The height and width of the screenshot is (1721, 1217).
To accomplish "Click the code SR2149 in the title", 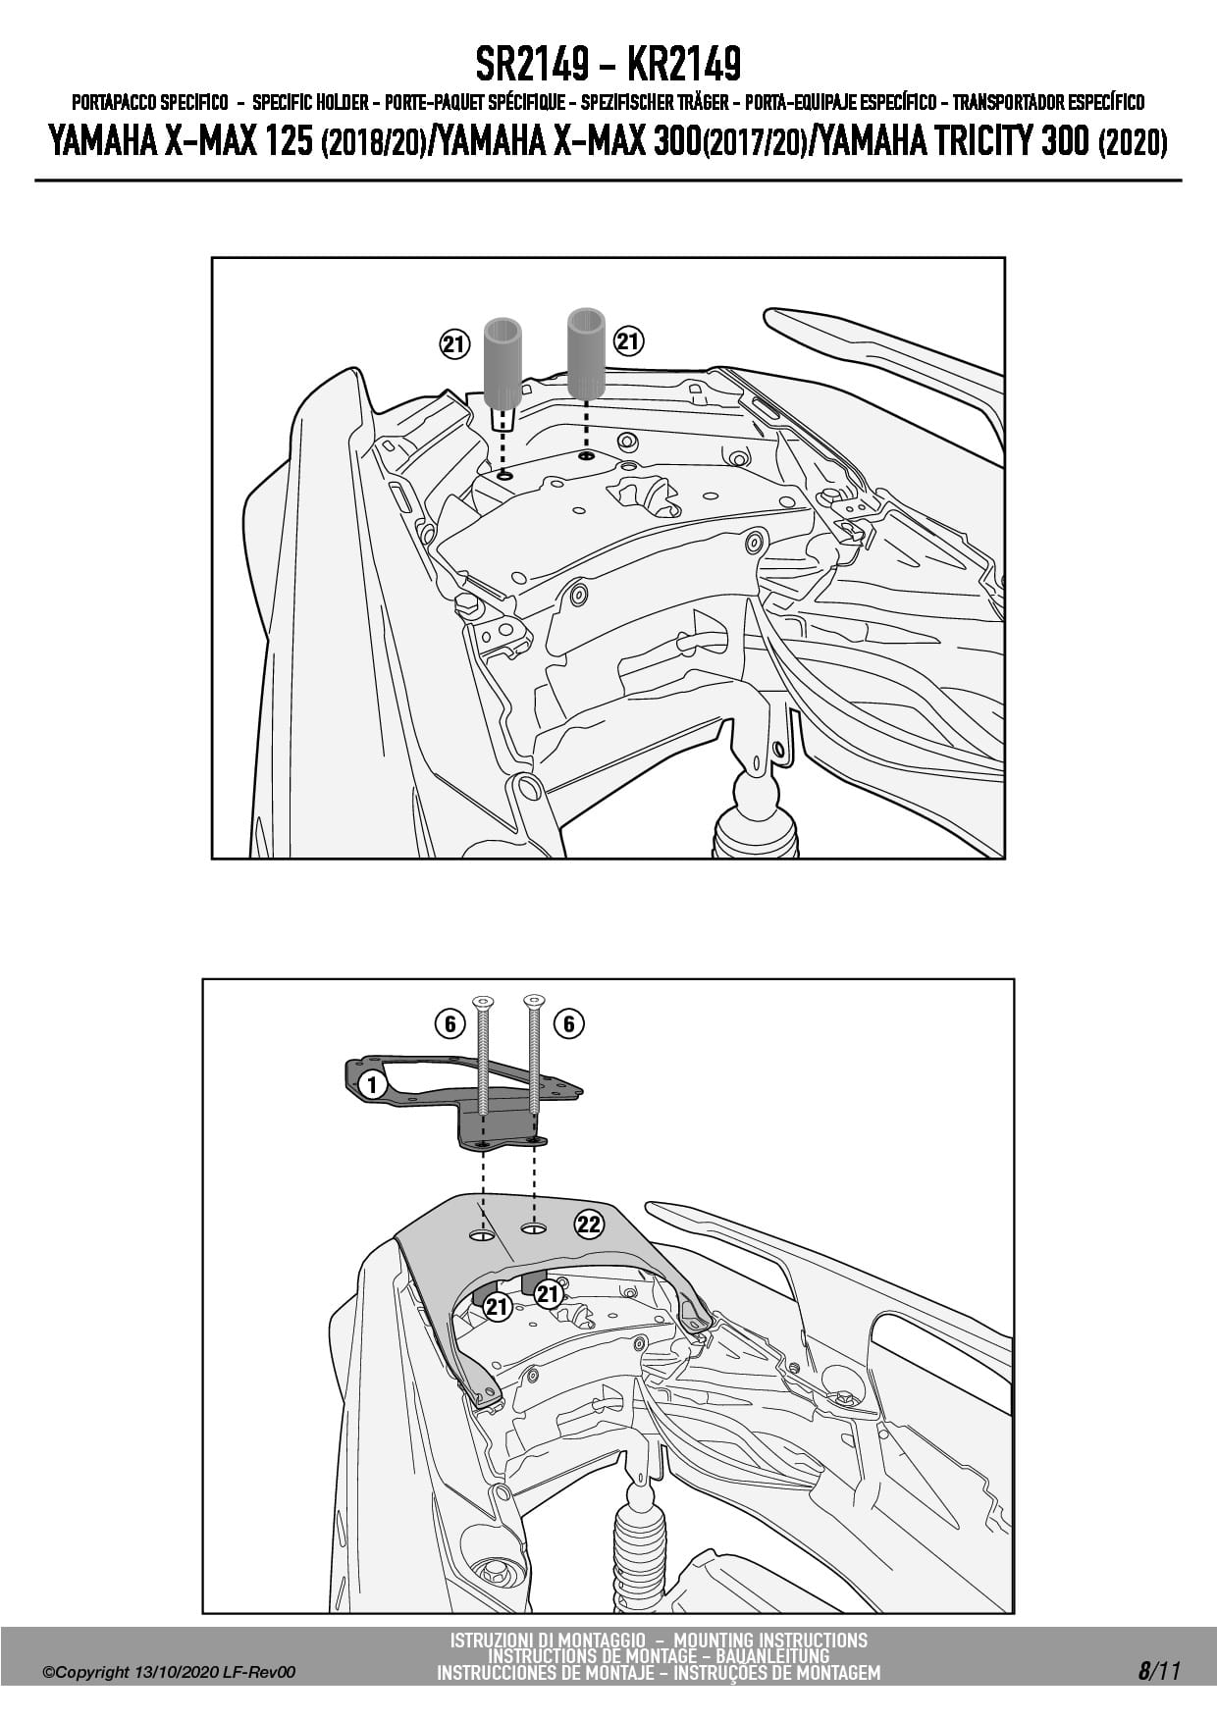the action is tap(532, 65).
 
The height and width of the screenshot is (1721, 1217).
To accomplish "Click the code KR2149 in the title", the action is tap(683, 65).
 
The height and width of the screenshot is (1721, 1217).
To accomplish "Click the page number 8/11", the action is tap(1159, 1671).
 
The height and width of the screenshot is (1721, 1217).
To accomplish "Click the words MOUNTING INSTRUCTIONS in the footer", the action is tap(770, 1640).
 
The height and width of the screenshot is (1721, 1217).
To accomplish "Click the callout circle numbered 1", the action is tap(371, 1084).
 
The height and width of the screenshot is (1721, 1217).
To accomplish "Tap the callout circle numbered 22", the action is tap(589, 1225).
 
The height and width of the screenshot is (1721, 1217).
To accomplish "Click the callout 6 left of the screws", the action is tap(449, 1024).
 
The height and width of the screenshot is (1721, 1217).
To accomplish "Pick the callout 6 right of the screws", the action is tap(569, 1024).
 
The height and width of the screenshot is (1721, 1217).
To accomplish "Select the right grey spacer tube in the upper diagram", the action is tap(586, 353).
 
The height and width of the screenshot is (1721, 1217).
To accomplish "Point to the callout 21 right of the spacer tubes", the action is tap(628, 342).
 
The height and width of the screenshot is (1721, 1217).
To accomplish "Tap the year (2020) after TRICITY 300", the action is tap(1133, 143).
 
